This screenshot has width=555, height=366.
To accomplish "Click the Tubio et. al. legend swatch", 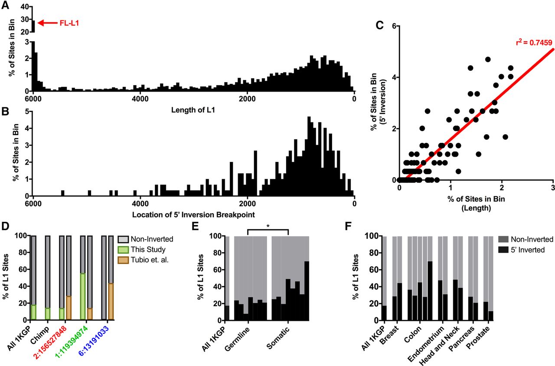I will point(124,259).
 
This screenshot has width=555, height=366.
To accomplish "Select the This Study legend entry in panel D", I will point(147,249).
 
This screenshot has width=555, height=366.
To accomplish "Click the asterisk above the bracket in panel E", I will point(268,227).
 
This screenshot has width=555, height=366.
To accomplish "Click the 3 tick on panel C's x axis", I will point(553,190).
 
